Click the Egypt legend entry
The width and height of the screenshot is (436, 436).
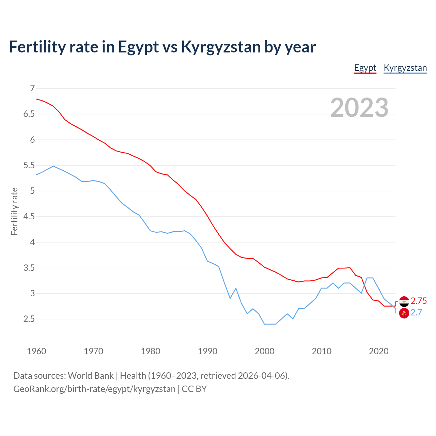[x=365, y=68]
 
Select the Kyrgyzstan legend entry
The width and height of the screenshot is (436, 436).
[x=405, y=68]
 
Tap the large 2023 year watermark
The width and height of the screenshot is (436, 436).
[x=359, y=108]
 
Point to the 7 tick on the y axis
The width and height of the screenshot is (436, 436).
[x=32, y=89]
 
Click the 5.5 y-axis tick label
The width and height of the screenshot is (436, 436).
[x=29, y=166]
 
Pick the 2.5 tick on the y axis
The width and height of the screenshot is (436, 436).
[x=29, y=319]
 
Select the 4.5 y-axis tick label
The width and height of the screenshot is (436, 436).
[x=29, y=217]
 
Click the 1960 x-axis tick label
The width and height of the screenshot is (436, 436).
[x=36, y=351]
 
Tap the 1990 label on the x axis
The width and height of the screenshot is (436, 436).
[x=207, y=351]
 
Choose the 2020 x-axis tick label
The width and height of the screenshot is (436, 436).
[x=378, y=351]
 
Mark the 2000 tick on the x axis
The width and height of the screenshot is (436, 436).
[x=265, y=351]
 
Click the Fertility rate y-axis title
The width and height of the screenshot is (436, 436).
[x=14, y=211]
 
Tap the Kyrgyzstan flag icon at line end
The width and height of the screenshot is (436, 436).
[x=404, y=313]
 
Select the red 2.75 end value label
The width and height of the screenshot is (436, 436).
[x=419, y=301]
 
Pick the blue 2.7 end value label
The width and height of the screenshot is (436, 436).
[x=416, y=313]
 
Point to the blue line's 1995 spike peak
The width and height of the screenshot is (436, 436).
[x=236, y=288]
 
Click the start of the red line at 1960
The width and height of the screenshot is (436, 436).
[x=36, y=99]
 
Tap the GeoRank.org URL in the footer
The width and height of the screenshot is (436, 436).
[x=94, y=389]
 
